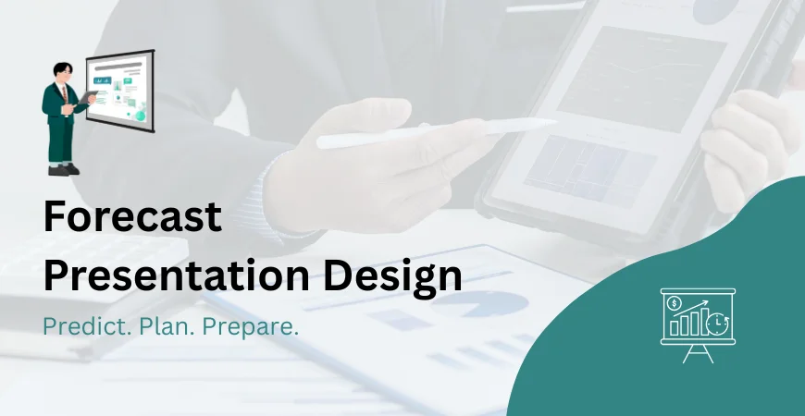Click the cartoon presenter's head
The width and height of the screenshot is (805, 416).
(x=63, y=73)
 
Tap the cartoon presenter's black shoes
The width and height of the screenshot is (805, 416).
(x=63, y=169)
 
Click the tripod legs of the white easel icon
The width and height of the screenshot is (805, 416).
(x=698, y=353)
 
